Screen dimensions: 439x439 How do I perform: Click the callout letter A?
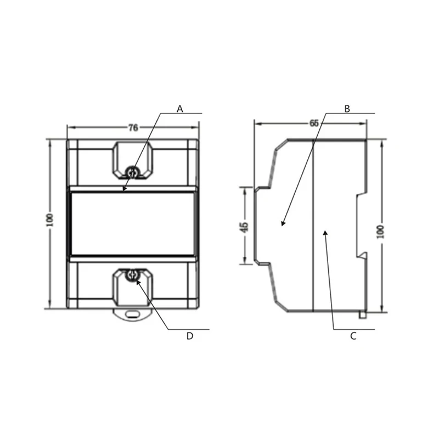coord(180,109)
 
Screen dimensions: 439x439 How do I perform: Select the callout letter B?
coord(347,109)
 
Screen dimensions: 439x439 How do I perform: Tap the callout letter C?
coord(353,336)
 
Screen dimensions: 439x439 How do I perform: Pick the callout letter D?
coord(190,336)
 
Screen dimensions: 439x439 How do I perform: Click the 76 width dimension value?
coord(133,128)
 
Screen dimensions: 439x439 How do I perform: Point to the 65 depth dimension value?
coord(314,123)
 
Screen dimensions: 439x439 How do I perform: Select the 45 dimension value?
coord(244,227)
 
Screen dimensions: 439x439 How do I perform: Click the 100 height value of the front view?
coord(50,220)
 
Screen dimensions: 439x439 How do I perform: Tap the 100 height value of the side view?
coord(380,232)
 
